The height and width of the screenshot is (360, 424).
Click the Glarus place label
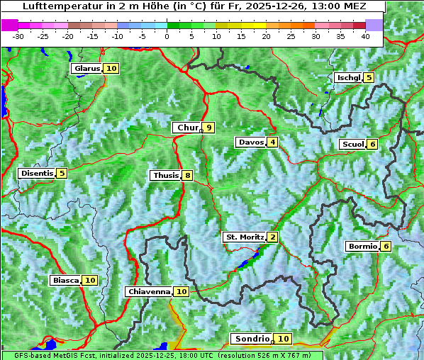(x=86, y=69)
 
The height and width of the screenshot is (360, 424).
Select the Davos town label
(x=250, y=142)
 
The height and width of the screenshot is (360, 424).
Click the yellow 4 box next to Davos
(x=272, y=142)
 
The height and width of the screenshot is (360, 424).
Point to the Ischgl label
(x=348, y=78)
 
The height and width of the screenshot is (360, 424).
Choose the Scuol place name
(x=352, y=145)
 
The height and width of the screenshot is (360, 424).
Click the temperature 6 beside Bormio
(x=385, y=247)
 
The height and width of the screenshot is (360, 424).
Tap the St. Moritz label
(x=244, y=237)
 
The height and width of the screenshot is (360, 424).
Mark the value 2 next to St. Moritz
(x=273, y=237)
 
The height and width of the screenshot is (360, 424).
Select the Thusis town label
(x=165, y=175)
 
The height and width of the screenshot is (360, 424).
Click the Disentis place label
(x=36, y=173)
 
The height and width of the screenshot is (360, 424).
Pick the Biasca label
(x=65, y=281)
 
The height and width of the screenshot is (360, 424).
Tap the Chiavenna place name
(x=149, y=291)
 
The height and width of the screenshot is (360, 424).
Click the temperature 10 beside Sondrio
(x=283, y=339)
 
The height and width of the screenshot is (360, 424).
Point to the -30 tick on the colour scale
(x=18, y=36)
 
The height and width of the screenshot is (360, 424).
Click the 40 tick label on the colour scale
(x=365, y=36)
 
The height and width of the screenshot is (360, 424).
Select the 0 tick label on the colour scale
(x=167, y=36)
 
